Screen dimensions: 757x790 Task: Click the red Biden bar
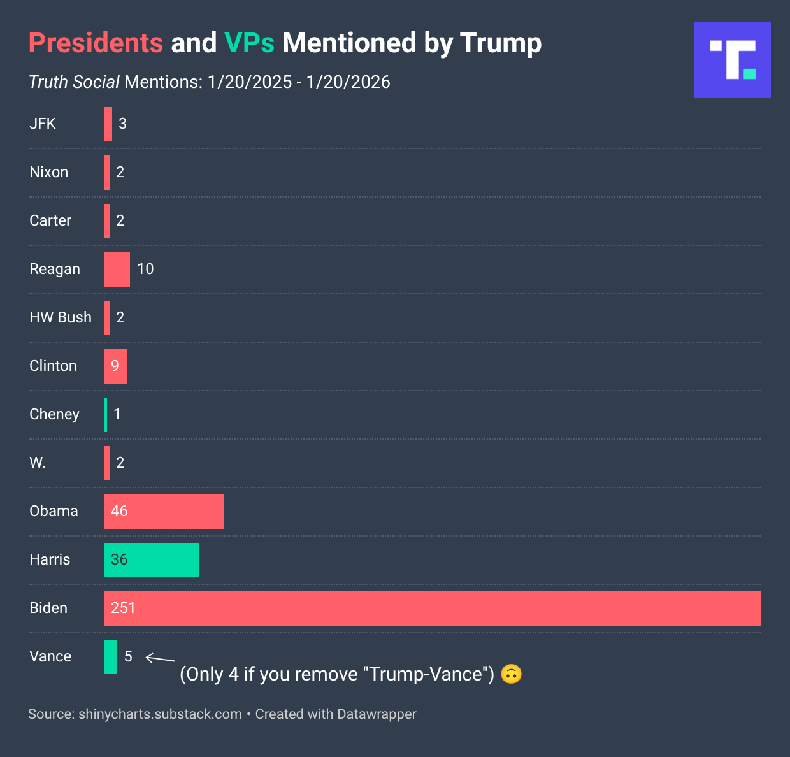pos(432,608)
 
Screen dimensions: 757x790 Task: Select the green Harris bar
pos(152,559)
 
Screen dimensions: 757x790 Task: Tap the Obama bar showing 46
pos(164,511)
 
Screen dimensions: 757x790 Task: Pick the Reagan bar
pos(117,269)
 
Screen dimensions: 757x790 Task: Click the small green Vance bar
pos(111,656)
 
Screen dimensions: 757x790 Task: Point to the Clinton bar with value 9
pos(116,366)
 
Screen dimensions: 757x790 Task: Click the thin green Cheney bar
pos(106,414)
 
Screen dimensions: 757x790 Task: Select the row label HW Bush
pos(61,317)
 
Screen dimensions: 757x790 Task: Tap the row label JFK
pos(43,124)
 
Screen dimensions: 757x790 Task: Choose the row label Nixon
pos(48,172)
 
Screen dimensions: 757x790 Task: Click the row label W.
pos(37,463)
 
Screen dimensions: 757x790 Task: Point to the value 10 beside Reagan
pos(145,269)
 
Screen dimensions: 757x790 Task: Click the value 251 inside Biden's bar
pos(123,608)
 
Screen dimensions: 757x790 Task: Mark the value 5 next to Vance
pos(128,656)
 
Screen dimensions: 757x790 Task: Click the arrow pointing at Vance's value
pos(160,659)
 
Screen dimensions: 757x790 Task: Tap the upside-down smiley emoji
pos(511,674)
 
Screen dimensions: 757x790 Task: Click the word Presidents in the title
pos(96,43)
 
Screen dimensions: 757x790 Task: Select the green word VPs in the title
pos(249,43)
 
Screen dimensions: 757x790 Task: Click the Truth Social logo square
pos(732,60)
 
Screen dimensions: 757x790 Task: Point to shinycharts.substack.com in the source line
pos(160,714)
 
